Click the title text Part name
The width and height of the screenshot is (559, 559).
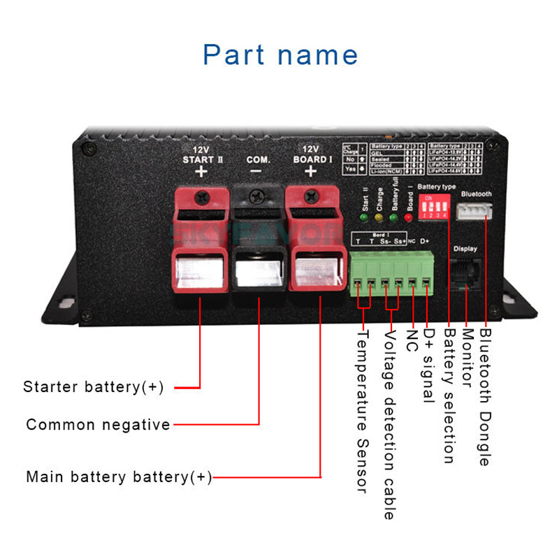(x=280, y=55)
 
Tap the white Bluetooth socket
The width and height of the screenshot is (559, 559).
(x=474, y=211)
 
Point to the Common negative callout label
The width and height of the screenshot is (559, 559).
(x=98, y=425)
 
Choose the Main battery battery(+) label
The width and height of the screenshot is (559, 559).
(x=118, y=477)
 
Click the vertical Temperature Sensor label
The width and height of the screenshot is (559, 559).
(x=362, y=412)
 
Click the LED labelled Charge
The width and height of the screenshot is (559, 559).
(x=379, y=218)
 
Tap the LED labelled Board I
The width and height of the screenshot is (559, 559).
(x=409, y=218)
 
